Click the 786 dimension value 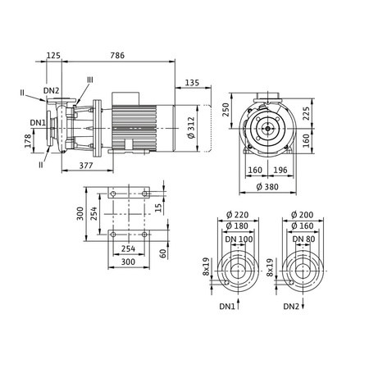coord(117,56)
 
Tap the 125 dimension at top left coord(53,56)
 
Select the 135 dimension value coord(193,83)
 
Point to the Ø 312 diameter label coord(191,128)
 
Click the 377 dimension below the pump coord(86,166)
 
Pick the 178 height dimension coord(28,141)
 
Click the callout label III coord(90,80)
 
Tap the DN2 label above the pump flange coord(51,91)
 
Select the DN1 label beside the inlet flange coord(38,123)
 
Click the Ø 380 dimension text coord(267,187)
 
